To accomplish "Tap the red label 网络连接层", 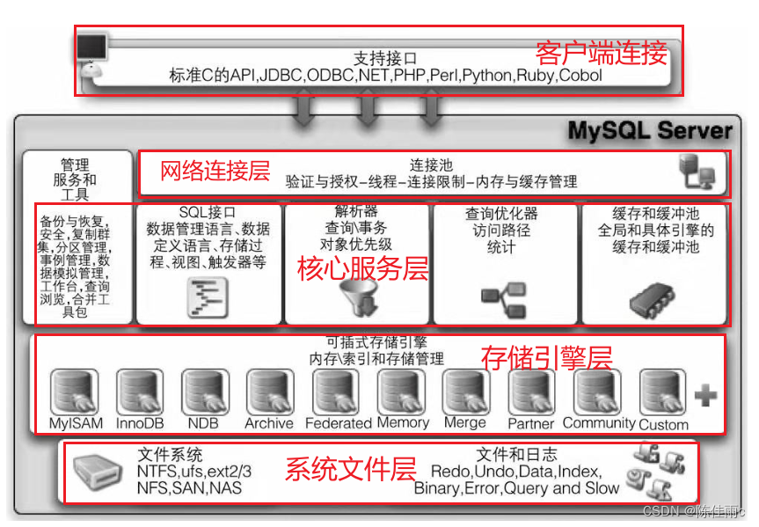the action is pos(215,170).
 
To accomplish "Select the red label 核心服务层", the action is pos(362,269).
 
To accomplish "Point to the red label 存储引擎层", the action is pos(545,356).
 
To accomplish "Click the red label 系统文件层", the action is pos(349,469).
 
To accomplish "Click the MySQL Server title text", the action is pos(649,131).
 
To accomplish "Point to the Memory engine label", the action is pos(402,422).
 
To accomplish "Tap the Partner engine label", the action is pos(531,423).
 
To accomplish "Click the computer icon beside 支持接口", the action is pos(94,52).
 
